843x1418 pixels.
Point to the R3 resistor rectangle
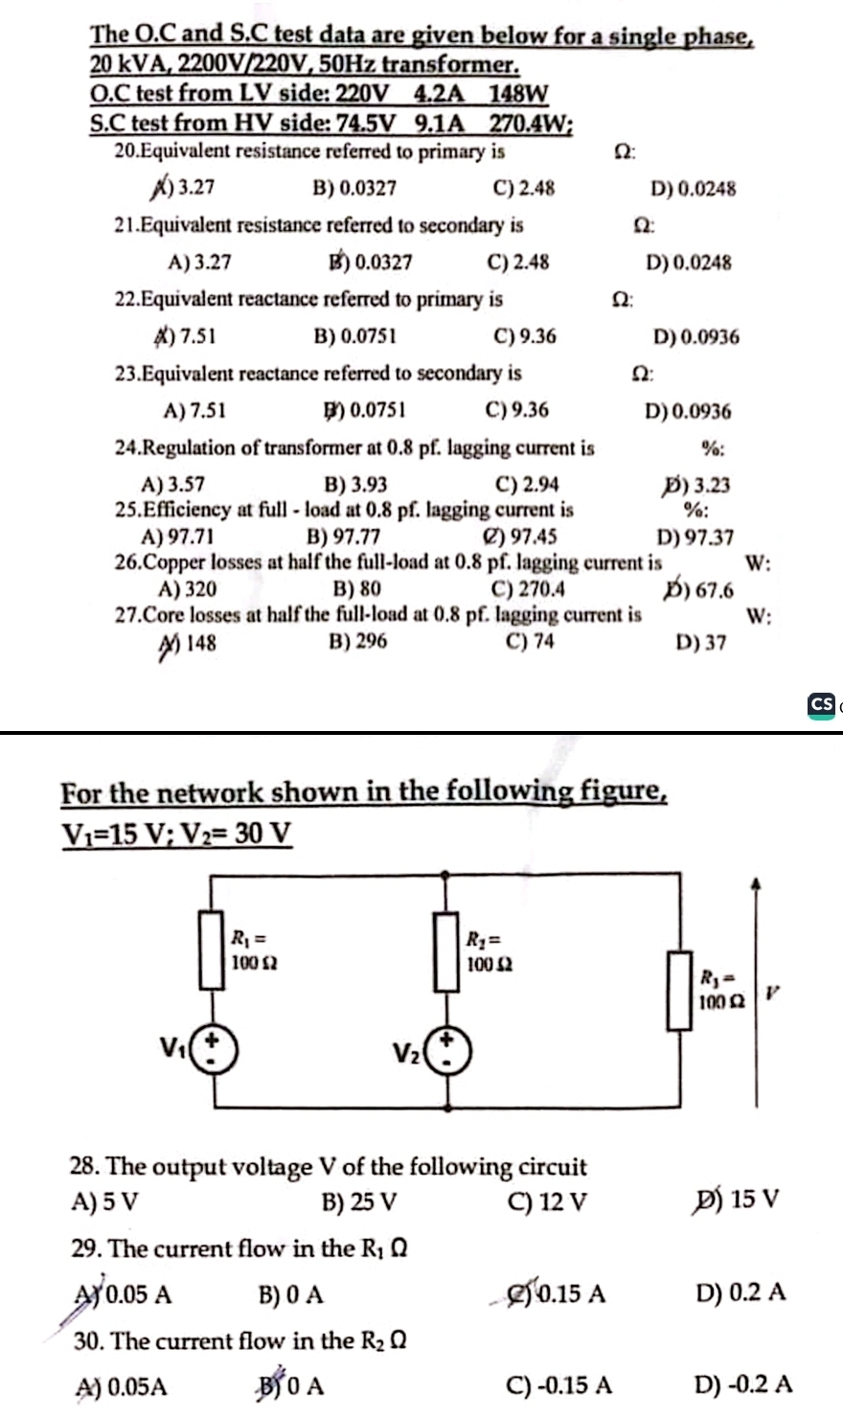point(679,991)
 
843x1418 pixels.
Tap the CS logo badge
point(821,704)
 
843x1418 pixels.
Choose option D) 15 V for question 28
point(734,1199)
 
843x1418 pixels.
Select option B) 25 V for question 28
point(359,1201)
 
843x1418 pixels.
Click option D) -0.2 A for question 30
point(743,1384)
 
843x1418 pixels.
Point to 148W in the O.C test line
point(518,94)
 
